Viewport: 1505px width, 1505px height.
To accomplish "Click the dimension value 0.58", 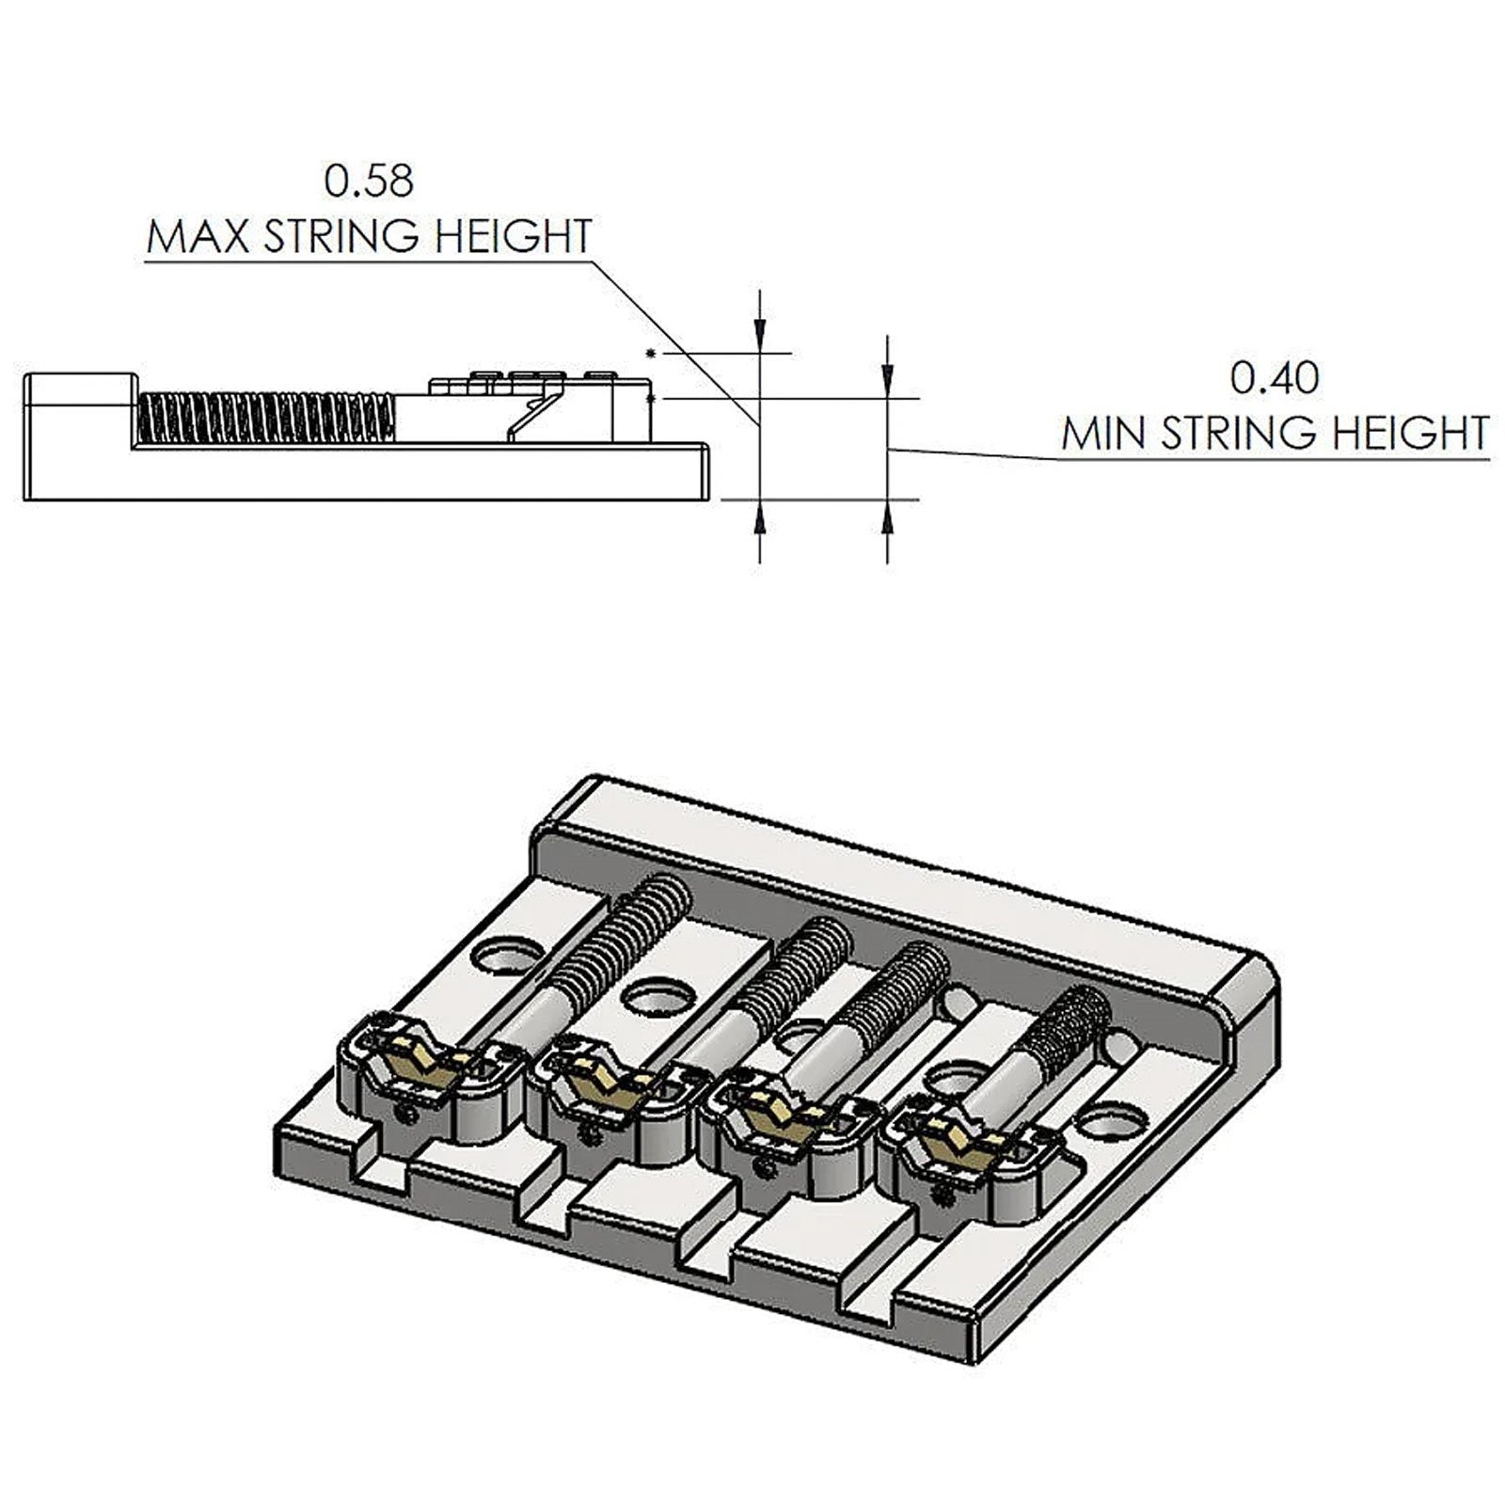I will click(x=369, y=181).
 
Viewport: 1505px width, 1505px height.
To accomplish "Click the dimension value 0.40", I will click(x=1275, y=378).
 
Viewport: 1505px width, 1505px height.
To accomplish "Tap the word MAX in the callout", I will click(x=198, y=236).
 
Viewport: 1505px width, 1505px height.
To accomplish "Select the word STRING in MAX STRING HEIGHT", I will click(x=335, y=236).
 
